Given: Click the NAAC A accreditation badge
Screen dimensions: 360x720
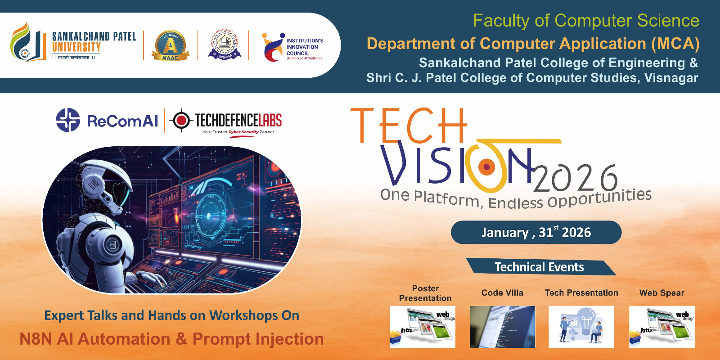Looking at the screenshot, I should [x=171, y=45].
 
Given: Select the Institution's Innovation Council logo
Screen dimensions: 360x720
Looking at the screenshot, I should [x=274, y=47].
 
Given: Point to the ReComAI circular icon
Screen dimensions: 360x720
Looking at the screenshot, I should [x=68, y=120].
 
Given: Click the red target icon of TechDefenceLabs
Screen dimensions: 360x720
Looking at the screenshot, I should [x=181, y=120].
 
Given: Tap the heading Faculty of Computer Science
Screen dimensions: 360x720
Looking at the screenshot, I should [x=585, y=21].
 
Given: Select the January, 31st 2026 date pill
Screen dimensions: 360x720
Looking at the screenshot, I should [x=536, y=232].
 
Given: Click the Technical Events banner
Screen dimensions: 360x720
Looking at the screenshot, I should [x=539, y=267].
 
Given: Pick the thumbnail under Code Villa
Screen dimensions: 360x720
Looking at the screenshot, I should [x=502, y=327].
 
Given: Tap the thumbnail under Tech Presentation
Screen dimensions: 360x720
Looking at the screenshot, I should [x=581, y=327].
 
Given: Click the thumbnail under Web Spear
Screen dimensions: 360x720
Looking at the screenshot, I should [x=661, y=327].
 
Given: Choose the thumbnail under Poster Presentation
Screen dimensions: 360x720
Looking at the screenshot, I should [x=422, y=327].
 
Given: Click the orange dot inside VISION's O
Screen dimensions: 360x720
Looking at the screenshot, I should [x=486, y=167].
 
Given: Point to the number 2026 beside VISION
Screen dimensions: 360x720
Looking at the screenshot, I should [x=576, y=178].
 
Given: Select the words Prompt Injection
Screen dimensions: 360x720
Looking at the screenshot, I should [x=258, y=339].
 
